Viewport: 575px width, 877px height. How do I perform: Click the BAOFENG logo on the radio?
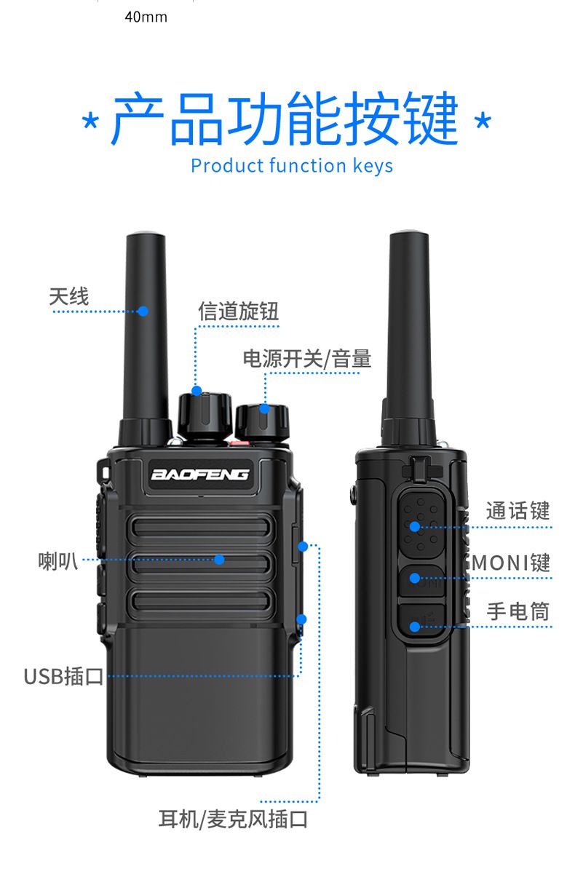pyautogui.click(x=199, y=475)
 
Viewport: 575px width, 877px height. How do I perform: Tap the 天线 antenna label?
pyautogui.click(x=69, y=296)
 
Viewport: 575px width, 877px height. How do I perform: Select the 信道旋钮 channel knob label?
pyautogui.click(x=238, y=311)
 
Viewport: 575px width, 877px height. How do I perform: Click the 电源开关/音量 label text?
pyautogui.click(x=307, y=359)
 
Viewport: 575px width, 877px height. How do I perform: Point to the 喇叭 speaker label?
pyautogui.click(x=58, y=561)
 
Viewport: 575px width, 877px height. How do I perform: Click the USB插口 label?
pyautogui.click(x=63, y=677)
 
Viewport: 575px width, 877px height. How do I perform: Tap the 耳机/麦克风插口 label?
pyautogui.click(x=233, y=820)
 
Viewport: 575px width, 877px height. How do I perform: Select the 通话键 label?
pyautogui.click(x=517, y=510)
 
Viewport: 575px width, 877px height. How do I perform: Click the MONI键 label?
pyautogui.click(x=511, y=563)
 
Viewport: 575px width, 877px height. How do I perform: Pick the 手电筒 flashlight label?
pyautogui.click(x=517, y=611)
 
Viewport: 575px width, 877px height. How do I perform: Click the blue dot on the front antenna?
pyautogui.click(x=143, y=311)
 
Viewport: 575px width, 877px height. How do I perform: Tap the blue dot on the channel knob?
pyautogui.click(x=197, y=390)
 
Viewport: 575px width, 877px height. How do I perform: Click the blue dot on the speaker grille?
pyautogui.click(x=220, y=560)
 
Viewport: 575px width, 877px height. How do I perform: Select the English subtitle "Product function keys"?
pyautogui.click(x=292, y=166)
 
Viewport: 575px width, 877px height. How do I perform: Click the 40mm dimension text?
pyautogui.click(x=146, y=17)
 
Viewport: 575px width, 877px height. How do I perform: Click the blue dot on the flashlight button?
pyautogui.click(x=415, y=627)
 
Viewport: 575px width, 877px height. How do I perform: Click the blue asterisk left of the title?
pyautogui.click(x=90, y=122)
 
